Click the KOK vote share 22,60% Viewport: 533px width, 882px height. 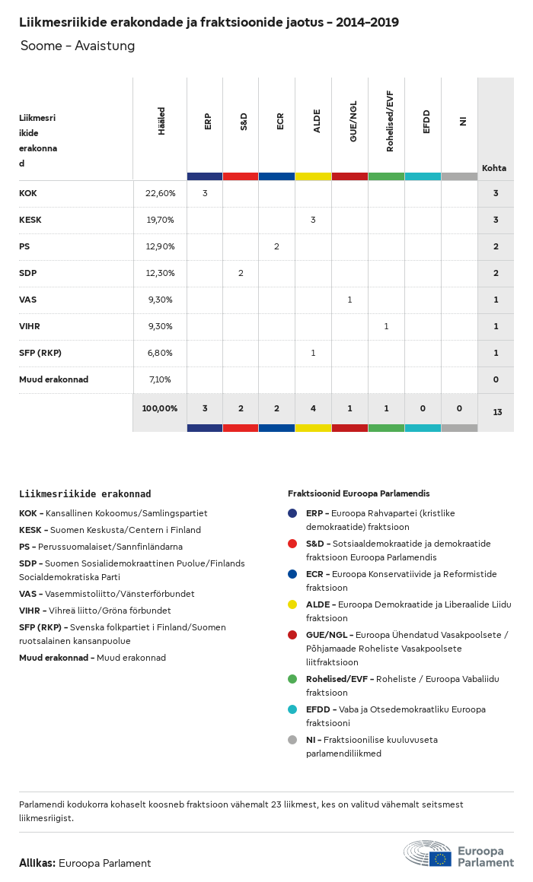point(160,193)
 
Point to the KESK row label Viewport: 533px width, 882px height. point(30,220)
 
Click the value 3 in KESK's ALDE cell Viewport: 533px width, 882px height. point(313,220)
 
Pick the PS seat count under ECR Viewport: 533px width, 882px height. point(276,246)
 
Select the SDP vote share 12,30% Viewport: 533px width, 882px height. point(160,273)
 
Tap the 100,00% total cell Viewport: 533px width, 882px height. point(160,408)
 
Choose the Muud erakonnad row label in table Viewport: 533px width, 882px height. point(53,379)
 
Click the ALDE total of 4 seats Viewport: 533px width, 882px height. point(313,408)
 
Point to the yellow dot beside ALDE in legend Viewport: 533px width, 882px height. point(292,604)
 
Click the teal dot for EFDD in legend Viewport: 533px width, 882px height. point(292,709)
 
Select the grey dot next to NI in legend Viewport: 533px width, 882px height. point(292,740)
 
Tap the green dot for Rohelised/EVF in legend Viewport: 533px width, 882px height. point(292,679)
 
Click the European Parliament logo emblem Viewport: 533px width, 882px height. point(428,853)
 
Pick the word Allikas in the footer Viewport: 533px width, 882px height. point(37,863)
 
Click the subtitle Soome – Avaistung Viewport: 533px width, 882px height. point(78,46)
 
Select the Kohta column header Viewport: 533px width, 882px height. point(494,168)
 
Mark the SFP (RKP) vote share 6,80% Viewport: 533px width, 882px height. point(160,353)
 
